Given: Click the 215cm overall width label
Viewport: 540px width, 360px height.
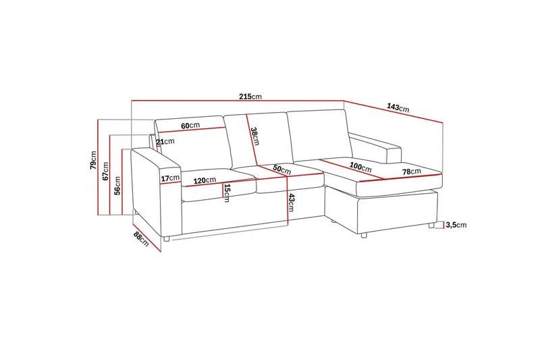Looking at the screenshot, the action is [250, 97].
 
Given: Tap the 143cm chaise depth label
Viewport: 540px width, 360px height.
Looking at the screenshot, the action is [398, 107].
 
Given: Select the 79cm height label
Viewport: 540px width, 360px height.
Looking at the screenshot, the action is [93, 160].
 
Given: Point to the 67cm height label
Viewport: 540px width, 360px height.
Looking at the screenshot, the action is [105, 171].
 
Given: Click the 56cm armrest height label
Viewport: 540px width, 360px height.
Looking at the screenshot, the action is [117, 186].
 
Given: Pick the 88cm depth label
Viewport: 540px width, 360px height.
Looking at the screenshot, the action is [141, 238].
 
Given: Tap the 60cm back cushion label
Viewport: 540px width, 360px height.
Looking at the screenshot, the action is [190, 126].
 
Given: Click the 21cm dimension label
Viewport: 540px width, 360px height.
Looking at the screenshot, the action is [165, 142].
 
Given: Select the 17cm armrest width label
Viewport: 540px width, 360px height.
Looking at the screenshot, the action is [170, 178].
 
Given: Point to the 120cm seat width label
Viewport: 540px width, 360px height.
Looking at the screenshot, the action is [205, 180].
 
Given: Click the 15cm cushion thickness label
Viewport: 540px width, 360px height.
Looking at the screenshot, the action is [227, 193].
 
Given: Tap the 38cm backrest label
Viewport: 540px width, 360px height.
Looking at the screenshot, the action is [255, 136].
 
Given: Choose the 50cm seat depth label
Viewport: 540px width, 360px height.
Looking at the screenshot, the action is [282, 170].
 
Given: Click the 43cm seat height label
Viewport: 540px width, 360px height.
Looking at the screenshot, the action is [291, 203].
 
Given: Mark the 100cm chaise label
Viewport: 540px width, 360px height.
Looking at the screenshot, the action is [360, 167].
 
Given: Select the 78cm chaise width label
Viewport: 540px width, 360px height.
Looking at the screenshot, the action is [412, 171].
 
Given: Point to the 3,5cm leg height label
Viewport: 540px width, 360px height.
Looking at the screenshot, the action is [456, 225].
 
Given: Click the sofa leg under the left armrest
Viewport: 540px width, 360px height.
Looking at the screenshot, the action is [166, 238].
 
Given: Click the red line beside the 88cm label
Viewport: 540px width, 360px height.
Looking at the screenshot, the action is [146, 237].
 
